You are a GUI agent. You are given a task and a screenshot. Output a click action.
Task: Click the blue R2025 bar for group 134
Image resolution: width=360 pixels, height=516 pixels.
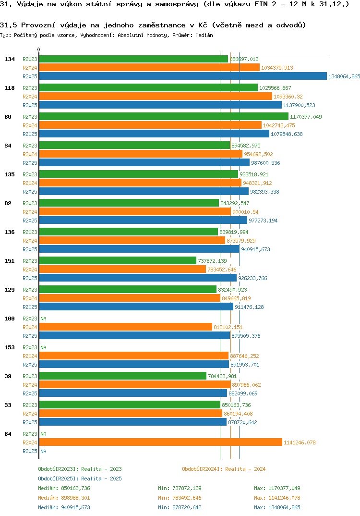tap(182, 76)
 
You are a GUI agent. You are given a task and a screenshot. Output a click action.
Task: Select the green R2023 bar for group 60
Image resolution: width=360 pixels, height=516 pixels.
tap(163, 117)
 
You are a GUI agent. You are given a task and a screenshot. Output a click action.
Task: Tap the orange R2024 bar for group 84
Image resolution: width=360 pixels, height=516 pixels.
tap(160, 442)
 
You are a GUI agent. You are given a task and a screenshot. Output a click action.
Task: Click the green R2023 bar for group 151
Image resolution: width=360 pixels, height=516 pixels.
tap(118, 261)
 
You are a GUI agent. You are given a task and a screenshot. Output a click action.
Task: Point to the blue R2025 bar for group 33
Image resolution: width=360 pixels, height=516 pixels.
tap(132, 422)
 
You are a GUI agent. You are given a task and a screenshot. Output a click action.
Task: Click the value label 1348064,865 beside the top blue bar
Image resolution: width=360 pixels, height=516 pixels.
tap(344, 76)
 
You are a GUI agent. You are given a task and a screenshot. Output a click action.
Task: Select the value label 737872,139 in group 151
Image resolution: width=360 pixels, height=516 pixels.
tap(212, 261)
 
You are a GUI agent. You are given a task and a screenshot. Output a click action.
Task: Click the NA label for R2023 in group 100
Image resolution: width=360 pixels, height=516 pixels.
tap(43, 319)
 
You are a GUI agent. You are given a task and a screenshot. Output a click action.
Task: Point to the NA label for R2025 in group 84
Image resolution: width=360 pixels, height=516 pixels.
tap(43, 451)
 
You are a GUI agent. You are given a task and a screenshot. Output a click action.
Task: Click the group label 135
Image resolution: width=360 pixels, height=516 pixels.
tap(9, 174)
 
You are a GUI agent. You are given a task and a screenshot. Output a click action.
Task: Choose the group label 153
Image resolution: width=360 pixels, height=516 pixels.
tap(9, 347)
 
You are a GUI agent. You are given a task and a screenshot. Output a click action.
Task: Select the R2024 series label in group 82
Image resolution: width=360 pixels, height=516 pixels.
tap(30, 212)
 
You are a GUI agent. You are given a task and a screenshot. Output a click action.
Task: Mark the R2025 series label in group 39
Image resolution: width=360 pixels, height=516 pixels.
tap(30, 393)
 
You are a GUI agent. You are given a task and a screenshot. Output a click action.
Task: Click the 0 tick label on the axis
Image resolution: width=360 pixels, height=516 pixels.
tap(39, 49)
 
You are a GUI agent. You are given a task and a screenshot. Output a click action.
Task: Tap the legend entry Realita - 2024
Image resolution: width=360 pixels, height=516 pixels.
tap(224, 469)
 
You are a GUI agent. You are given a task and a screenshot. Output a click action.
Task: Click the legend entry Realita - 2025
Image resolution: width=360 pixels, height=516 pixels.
tap(80, 479)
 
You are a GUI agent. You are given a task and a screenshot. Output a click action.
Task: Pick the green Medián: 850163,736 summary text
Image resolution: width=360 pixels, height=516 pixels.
tap(64, 488)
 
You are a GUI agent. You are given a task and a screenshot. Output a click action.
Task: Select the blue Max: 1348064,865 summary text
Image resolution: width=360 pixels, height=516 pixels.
tap(277, 507)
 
